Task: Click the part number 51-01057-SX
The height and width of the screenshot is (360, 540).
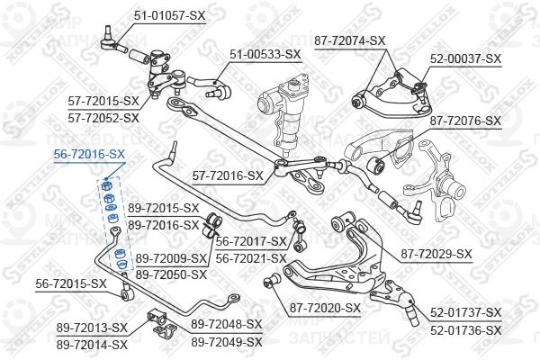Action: pos(169,15)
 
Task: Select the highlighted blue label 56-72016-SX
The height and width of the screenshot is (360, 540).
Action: pos(89,154)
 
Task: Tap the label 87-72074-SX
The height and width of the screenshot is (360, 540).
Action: pos(349,40)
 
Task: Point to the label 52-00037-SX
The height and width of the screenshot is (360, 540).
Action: pos(465,58)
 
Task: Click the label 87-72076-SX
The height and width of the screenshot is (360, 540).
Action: pos(465,121)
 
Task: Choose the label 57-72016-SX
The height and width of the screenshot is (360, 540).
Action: pos(228,176)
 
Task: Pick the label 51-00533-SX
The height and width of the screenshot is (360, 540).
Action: pos(265,54)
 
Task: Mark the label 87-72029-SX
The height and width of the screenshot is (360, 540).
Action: pos(436,254)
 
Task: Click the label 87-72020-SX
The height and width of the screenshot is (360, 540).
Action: pos(325,308)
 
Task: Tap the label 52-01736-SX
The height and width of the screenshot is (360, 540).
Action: pos(466,330)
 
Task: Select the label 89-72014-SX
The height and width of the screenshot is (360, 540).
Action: pos(92,345)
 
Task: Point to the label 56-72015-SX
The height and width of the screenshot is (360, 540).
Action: pos(71,283)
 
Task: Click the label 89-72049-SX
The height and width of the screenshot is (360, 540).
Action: pos(227,342)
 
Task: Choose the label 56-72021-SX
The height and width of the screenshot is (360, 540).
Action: pos(251,258)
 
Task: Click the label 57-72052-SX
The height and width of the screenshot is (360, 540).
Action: pos(103,118)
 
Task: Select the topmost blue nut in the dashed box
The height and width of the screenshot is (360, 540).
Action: pos(106,186)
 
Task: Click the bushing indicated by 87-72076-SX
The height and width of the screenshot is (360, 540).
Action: pos(375,165)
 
